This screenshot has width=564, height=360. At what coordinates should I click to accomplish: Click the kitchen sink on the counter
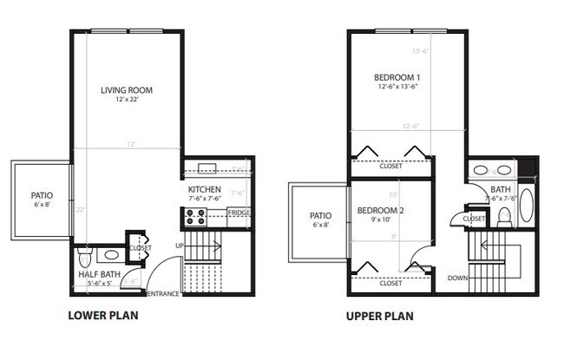click(206, 168)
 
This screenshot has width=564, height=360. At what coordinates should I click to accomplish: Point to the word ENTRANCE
click(163, 294)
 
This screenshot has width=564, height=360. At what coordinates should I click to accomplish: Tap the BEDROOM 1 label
click(397, 75)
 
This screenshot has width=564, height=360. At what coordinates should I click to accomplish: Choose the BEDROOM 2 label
click(377, 211)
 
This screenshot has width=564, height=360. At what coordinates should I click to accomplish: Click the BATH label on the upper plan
click(501, 189)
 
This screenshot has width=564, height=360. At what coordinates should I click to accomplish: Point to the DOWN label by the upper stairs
click(458, 278)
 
